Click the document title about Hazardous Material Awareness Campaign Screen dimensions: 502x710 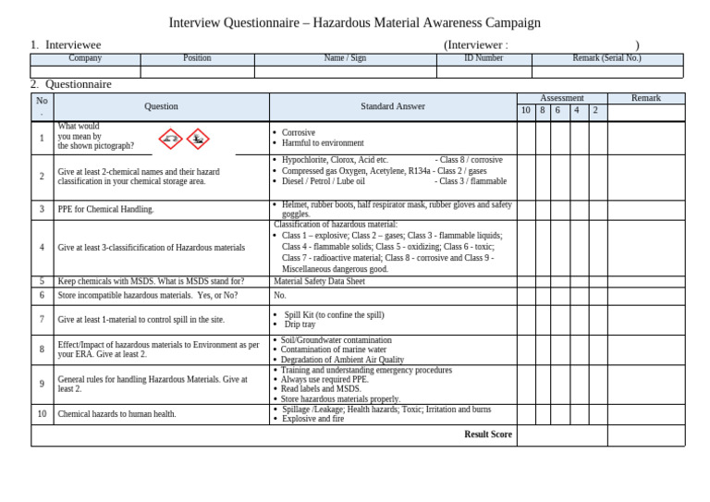pyautogui.click(x=354, y=23)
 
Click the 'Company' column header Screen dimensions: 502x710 pyautogui.click(x=85, y=58)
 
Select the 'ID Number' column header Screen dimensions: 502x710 pyautogui.click(x=484, y=58)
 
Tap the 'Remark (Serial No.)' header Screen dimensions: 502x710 pyautogui.click(x=606, y=58)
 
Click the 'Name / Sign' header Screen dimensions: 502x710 pyautogui.click(x=345, y=58)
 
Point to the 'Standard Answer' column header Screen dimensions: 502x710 pyautogui.click(x=393, y=106)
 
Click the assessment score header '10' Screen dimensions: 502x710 pyautogui.click(x=525, y=111)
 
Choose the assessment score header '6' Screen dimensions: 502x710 pyautogui.click(x=557, y=111)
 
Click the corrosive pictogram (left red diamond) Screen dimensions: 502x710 pyautogui.click(x=170, y=139)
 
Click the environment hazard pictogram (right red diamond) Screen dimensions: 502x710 pyautogui.click(x=198, y=139)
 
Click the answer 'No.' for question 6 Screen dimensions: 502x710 pyautogui.click(x=280, y=296)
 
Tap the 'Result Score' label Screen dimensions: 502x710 pyautogui.click(x=487, y=434)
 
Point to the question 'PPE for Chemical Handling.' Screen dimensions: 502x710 pyautogui.click(x=105, y=210)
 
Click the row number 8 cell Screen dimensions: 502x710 pyautogui.click(x=42, y=349)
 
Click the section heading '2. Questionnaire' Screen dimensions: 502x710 pyautogui.click(x=70, y=84)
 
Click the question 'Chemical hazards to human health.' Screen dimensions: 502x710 pyautogui.click(x=116, y=414)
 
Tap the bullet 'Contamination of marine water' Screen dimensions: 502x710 pyautogui.click(x=334, y=350)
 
